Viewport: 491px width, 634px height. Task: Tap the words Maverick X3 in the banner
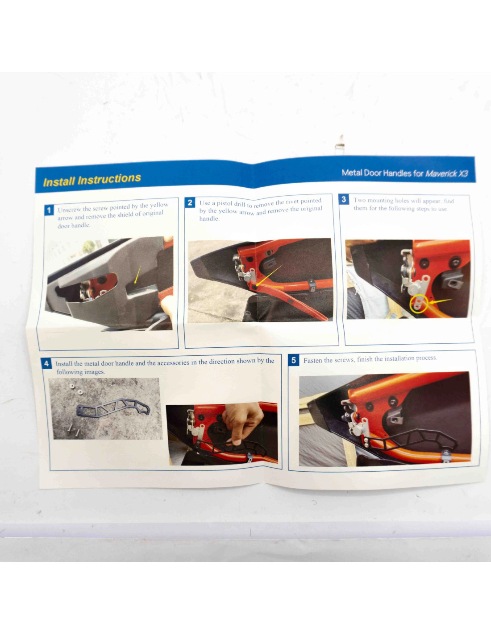click(447, 173)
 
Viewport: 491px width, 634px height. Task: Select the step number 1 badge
click(49, 210)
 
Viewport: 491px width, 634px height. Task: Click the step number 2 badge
click(190, 202)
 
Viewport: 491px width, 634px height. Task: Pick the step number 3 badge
click(344, 199)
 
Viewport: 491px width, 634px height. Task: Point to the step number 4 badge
click(46, 363)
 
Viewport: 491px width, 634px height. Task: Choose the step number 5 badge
click(294, 360)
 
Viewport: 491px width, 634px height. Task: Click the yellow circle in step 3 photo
click(419, 304)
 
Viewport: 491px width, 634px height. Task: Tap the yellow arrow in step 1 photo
click(137, 274)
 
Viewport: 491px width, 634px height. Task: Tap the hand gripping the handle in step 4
click(242, 420)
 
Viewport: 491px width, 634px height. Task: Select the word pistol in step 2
click(225, 203)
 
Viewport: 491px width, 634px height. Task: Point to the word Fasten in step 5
click(312, 360)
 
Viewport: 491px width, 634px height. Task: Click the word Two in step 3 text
click(359, 200)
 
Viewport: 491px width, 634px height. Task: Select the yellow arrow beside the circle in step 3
click(441, 301)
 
